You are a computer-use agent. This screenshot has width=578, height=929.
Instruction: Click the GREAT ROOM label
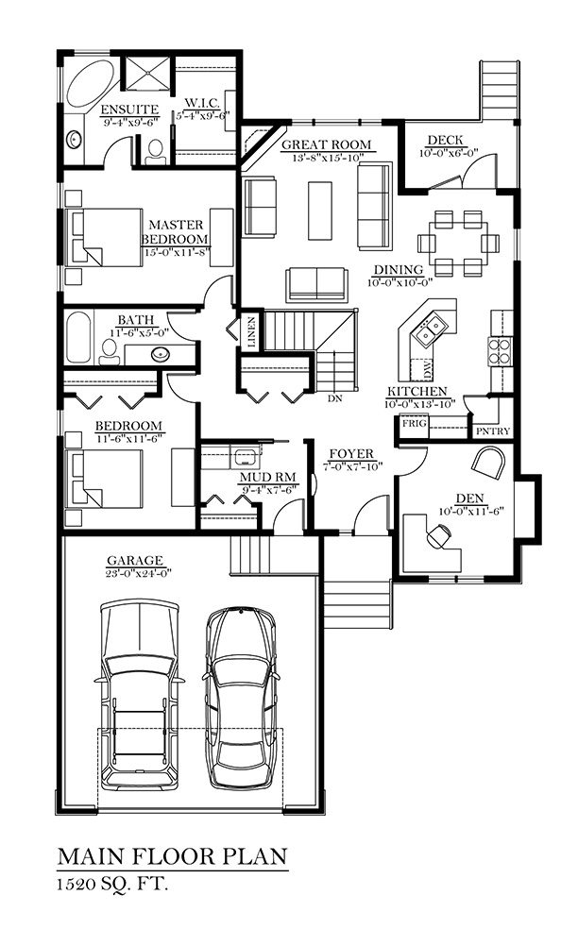pos(326,144)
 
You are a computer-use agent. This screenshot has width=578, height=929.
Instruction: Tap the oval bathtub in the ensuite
pos(89,83)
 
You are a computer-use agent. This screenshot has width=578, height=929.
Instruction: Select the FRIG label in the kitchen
pos(415,424)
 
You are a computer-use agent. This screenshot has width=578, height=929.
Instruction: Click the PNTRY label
pos(493,431)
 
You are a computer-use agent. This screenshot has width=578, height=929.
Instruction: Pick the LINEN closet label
pos(251,331)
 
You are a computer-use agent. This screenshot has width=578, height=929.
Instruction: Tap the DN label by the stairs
pos(335,398)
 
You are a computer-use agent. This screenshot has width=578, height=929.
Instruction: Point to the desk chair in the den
pos(438,536)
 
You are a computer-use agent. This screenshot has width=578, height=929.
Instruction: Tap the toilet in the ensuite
pos(155,152)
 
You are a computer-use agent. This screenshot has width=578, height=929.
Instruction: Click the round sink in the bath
pos(160,354)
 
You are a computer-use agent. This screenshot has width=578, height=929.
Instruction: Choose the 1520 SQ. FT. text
pos(112,885)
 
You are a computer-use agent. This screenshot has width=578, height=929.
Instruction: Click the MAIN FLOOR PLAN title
pos(173,856)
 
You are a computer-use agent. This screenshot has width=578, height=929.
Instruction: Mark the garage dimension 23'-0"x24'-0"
pos(136,573)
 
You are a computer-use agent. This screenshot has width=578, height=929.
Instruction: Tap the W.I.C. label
pos(202,104)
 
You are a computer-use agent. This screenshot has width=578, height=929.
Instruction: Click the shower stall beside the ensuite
pos(147,74)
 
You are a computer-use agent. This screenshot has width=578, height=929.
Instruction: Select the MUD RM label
pos(268,478)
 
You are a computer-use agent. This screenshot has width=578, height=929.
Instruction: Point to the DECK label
pos(445,141)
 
